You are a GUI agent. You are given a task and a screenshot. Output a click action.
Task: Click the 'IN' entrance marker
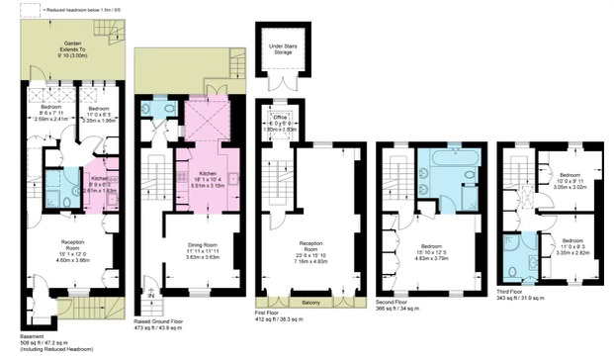(x=151, y=294)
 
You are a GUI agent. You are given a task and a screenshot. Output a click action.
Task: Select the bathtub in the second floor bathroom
(x=450, y=155)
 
